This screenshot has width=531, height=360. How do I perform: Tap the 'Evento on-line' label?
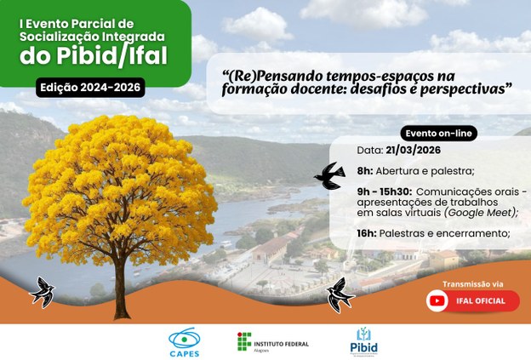(439, 134)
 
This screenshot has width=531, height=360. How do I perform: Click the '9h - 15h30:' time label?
(384, 192)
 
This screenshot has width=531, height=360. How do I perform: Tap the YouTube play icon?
(437, 300)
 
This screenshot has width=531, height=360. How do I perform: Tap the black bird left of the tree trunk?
(43, 292)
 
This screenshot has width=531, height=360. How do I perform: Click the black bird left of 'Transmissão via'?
(340, 294)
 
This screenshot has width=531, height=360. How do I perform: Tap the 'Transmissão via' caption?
(472, 283)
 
